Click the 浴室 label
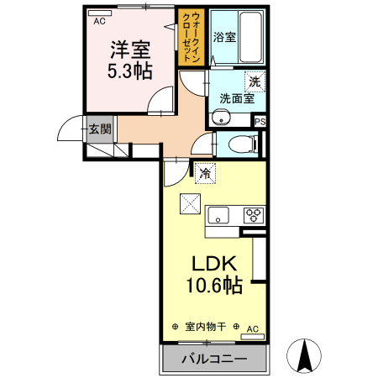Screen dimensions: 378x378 pyautogui.click(x=224, y=38)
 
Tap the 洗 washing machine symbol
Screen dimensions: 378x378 pyautogui.click(x=255, y=82)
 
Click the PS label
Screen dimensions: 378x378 pyautogui.click(x=260, y=121)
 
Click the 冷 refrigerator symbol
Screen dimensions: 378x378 pyautogui.click(x=205, y=175)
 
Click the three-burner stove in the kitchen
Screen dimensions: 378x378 pyautogui.click(x=254, y=214)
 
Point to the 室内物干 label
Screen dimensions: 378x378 pyautogui.click(x=205, y=327)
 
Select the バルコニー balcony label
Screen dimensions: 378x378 pyautogui.click(x=213, y=360)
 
